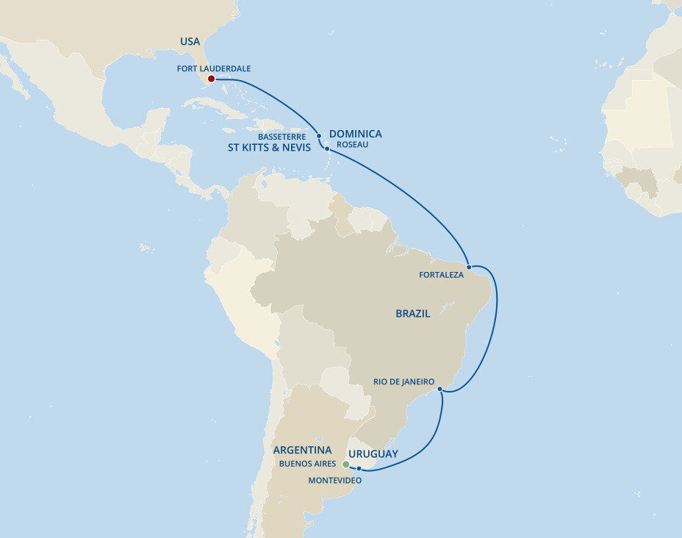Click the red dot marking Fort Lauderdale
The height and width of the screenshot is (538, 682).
click(211, 79)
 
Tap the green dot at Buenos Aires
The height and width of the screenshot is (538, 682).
click(345, 465)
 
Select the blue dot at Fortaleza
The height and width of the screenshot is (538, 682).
click(469, 267)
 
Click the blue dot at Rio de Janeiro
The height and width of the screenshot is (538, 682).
click(439, 389)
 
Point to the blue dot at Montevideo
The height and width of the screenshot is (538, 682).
click(359, 468)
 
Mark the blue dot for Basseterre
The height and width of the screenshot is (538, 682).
click(318, 136)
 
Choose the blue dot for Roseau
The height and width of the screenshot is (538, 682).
click(327, 148)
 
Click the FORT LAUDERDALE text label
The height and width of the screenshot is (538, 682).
click(214, 68)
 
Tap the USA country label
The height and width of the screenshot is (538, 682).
click(190, 42)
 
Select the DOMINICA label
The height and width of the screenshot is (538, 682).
click(355, 134)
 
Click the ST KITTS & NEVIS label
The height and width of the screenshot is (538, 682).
click(269, 148)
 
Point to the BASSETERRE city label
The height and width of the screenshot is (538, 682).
click(281, 137)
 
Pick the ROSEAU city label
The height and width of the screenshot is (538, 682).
click(352, 145)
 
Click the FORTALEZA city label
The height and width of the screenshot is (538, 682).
click(441, 275)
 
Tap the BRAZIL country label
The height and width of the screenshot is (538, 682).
click(412, 313)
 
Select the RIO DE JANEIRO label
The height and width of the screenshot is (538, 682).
click(403, 381)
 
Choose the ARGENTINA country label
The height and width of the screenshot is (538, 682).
click(302, 450)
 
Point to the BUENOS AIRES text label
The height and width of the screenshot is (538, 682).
click(307, 464)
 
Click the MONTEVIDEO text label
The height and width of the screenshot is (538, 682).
click(334, 480)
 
